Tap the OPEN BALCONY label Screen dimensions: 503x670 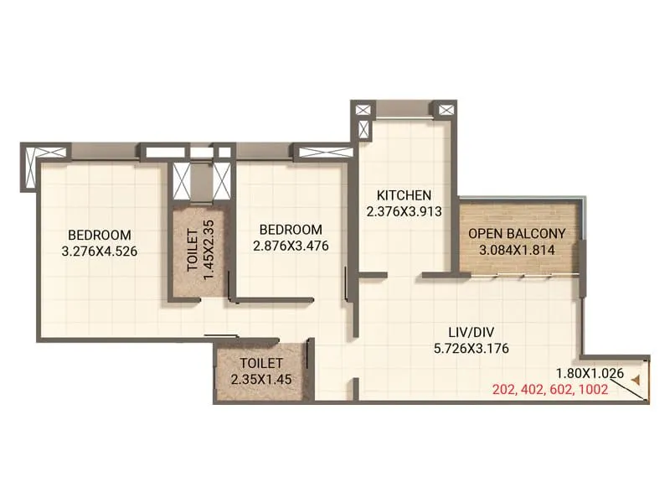(517, 233)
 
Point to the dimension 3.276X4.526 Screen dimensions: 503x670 (100, 250)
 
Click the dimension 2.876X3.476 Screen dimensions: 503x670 (291, 246)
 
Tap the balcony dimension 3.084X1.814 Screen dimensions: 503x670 (517, 249)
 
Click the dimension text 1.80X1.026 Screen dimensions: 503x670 (590, 374)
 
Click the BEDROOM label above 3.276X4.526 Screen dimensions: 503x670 (100, 234)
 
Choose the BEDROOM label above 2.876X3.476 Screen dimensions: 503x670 (291, 230)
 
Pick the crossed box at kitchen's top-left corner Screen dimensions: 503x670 (364, 111)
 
